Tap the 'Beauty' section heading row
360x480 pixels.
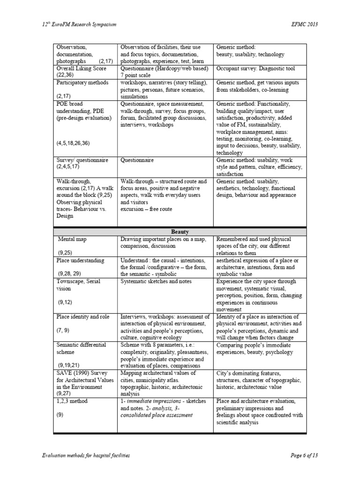180,232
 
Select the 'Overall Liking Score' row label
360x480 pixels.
78,68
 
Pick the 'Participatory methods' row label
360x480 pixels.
79,82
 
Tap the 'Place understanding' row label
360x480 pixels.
80,260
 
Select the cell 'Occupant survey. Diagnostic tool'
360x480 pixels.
255,68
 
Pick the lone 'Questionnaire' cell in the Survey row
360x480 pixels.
137,160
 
